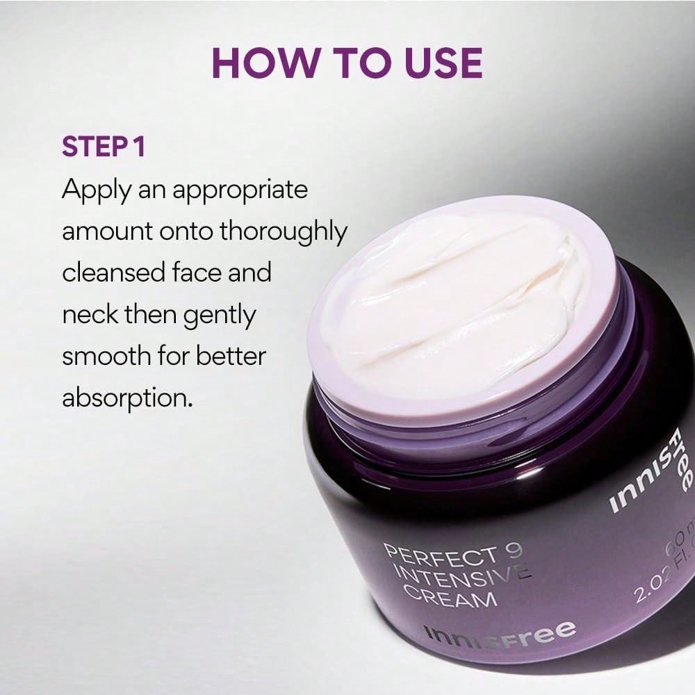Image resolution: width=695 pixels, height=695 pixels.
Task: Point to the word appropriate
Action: (240, 190)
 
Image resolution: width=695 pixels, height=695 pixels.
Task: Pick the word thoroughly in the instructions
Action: (283, 231)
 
